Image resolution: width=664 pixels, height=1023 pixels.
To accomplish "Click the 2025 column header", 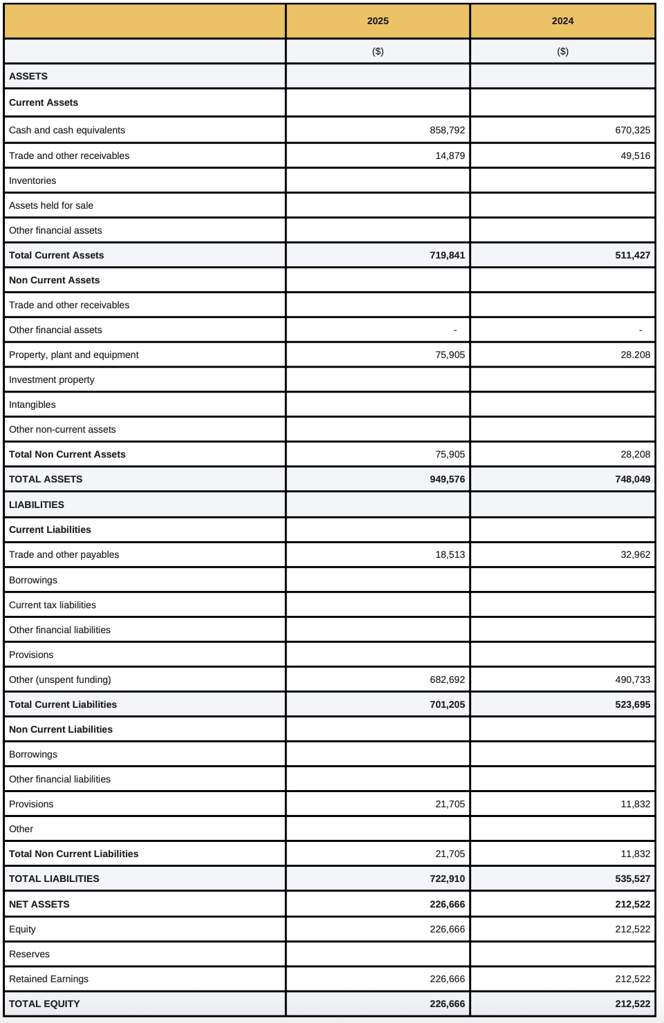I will [x=378, y=21].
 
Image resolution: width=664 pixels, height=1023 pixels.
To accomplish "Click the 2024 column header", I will [x=562, y=21].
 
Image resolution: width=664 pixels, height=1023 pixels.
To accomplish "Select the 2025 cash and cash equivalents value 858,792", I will [x=447, y=130].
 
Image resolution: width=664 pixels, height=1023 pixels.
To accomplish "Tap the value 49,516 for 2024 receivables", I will [x=635, y=156].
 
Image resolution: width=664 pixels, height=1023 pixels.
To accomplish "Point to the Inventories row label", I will [x=33, y=180].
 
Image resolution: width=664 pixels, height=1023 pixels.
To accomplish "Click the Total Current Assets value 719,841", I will [x=447, y=255].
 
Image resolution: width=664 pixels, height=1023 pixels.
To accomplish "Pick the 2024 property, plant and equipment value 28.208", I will [x=635, y=355].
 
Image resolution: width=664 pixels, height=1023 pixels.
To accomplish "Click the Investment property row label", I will [x=52, y=379].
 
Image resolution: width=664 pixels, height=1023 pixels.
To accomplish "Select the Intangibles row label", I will [x=33, y=404].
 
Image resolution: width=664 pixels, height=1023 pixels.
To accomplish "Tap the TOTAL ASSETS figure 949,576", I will [x=447, y=479].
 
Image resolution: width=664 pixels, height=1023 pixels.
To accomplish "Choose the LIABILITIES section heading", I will [x=37, y=505].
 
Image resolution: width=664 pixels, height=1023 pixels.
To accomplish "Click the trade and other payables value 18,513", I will [x=450, y=554].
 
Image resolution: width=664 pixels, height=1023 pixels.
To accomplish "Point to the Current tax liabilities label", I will [x=53, y=605].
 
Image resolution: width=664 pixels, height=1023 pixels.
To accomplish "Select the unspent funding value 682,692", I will [x=447, y=679].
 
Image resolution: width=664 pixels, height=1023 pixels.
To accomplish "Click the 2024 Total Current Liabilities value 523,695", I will [x=632, y=704].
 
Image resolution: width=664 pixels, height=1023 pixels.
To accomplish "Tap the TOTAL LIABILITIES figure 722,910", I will [x=447, y=879].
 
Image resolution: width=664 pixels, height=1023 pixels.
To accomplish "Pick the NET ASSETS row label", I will [x=39, y=904].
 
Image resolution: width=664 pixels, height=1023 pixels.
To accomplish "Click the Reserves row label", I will [x=30, y=954].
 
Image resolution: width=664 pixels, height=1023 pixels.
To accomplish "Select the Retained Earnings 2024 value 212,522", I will [x=632, y=979].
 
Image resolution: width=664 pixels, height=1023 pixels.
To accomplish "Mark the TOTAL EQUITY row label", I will [x=44, y=1004].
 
